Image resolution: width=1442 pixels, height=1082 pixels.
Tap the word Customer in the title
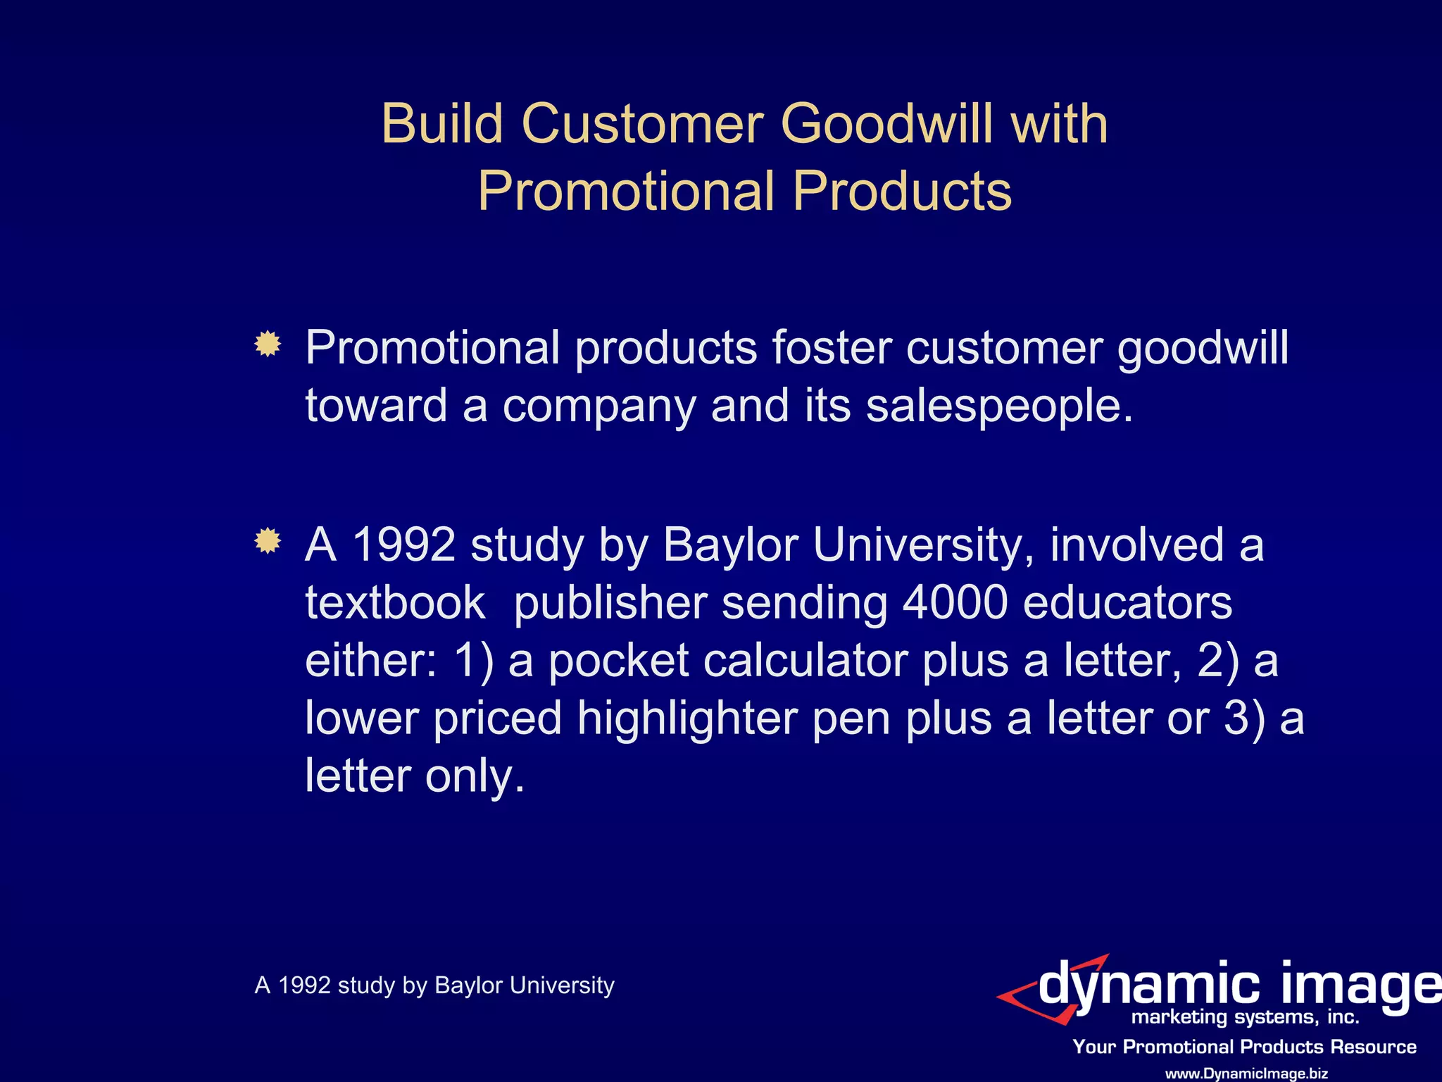click(642, 124)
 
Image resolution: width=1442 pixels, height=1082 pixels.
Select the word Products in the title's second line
click(902, 192)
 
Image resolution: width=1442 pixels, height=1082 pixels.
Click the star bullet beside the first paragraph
click(268, 344)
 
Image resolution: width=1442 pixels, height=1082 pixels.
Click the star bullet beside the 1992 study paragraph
click(268, 541)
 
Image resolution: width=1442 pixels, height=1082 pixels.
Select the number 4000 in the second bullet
click(955, 603)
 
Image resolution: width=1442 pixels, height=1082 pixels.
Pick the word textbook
click(395, 603)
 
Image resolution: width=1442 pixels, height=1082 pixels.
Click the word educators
click(1127, 603)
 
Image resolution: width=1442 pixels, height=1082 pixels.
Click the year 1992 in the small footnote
click(304, 985)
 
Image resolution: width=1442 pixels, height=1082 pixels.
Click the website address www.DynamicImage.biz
click(1246, 1074)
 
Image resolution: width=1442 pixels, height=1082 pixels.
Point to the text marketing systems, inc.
click(1245, 1017)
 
